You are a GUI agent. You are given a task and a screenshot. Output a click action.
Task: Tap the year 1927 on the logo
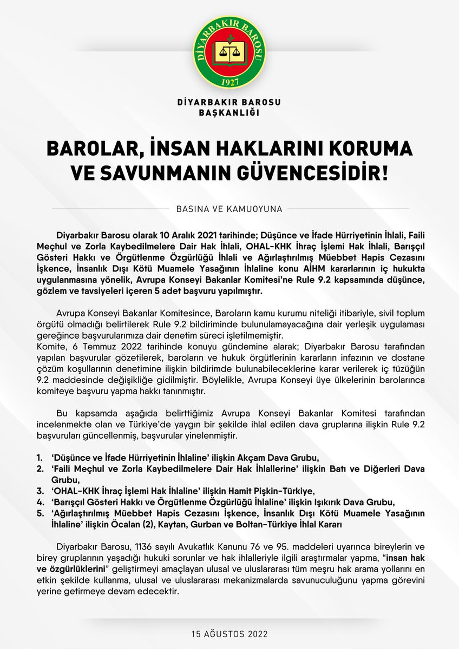pos(229,83)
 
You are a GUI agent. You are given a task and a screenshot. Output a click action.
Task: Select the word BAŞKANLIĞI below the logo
pos(229,112)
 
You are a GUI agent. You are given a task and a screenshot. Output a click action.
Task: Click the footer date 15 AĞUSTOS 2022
pos(229,632)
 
